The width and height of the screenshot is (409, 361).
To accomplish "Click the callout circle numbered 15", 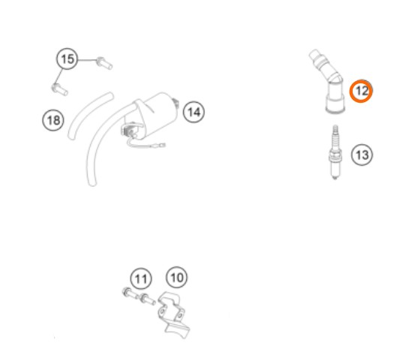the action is pos(67,59).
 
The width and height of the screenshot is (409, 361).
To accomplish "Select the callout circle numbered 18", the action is pos(53,120).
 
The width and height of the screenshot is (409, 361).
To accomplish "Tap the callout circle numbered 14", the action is pos(194,112).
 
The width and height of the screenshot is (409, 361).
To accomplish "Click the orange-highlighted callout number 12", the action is pos(361,91).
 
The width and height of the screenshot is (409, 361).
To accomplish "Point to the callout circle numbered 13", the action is pos(362,155).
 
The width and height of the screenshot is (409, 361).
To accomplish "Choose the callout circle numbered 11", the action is pos(141,278).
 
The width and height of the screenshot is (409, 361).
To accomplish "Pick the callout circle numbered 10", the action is pos(177,277).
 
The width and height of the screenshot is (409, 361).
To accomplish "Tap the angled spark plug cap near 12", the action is pos(329,81).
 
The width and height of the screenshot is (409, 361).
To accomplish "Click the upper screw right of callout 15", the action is pos(104,63).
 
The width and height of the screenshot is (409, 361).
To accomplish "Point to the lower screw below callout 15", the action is pos(60,89).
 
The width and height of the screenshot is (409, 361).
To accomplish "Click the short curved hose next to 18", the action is pos(90,115).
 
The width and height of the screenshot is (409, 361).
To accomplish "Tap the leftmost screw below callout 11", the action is pos(130,293).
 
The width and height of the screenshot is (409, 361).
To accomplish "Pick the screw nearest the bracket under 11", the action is pos(147,299).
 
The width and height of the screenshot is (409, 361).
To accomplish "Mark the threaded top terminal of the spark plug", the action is pos(335,130).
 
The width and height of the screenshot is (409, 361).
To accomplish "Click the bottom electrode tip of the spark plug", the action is pos(335,179).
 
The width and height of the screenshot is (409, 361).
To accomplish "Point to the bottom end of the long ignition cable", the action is pos(92,183).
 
